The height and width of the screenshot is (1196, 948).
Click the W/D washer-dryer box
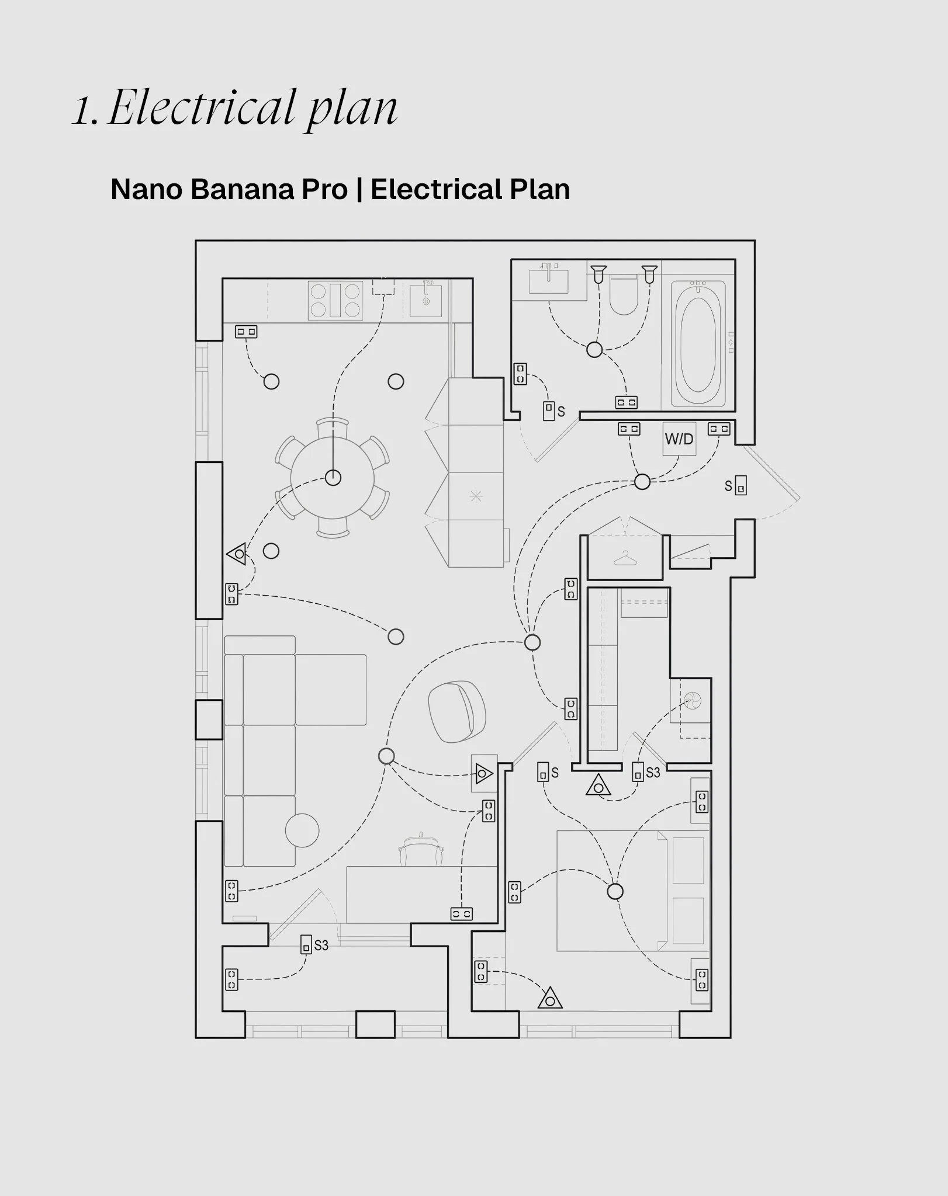pyautogui.click(x=679, y=439)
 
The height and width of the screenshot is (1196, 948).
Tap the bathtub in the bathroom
pyautogui.click(x=698, y=344)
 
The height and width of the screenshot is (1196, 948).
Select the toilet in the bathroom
pyautogui.click(x=623, y=294)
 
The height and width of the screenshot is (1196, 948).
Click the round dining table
pyautogui.click(x=333, y=477)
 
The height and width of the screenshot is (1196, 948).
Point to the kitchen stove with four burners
pyautogui.click(x=335, y=300)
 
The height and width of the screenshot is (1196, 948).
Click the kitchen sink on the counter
pyautogui.click(x=425, y=300)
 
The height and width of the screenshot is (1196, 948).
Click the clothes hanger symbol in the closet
pyautogui.click(x=625, y=558)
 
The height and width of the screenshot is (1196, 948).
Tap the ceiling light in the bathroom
pyautogui.click(x=594, y=350)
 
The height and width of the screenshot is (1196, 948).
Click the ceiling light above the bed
pyautogui.click(x=615, y=892)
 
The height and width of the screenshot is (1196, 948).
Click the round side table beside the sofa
pyautogui.click(x=302, y=830)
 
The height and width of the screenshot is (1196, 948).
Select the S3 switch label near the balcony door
pyautogui.click(x=321, y=945)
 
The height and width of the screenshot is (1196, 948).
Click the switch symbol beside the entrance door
pyautogui.click(x=741, y=485)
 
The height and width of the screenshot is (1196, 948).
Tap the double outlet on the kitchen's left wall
pyautogui.click(x=246, y=332)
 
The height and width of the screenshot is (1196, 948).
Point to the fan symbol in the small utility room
pyautogui.click(x=694, y=700)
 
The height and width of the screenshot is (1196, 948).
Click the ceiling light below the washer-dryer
pyautogui.click(x=642, y=482)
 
